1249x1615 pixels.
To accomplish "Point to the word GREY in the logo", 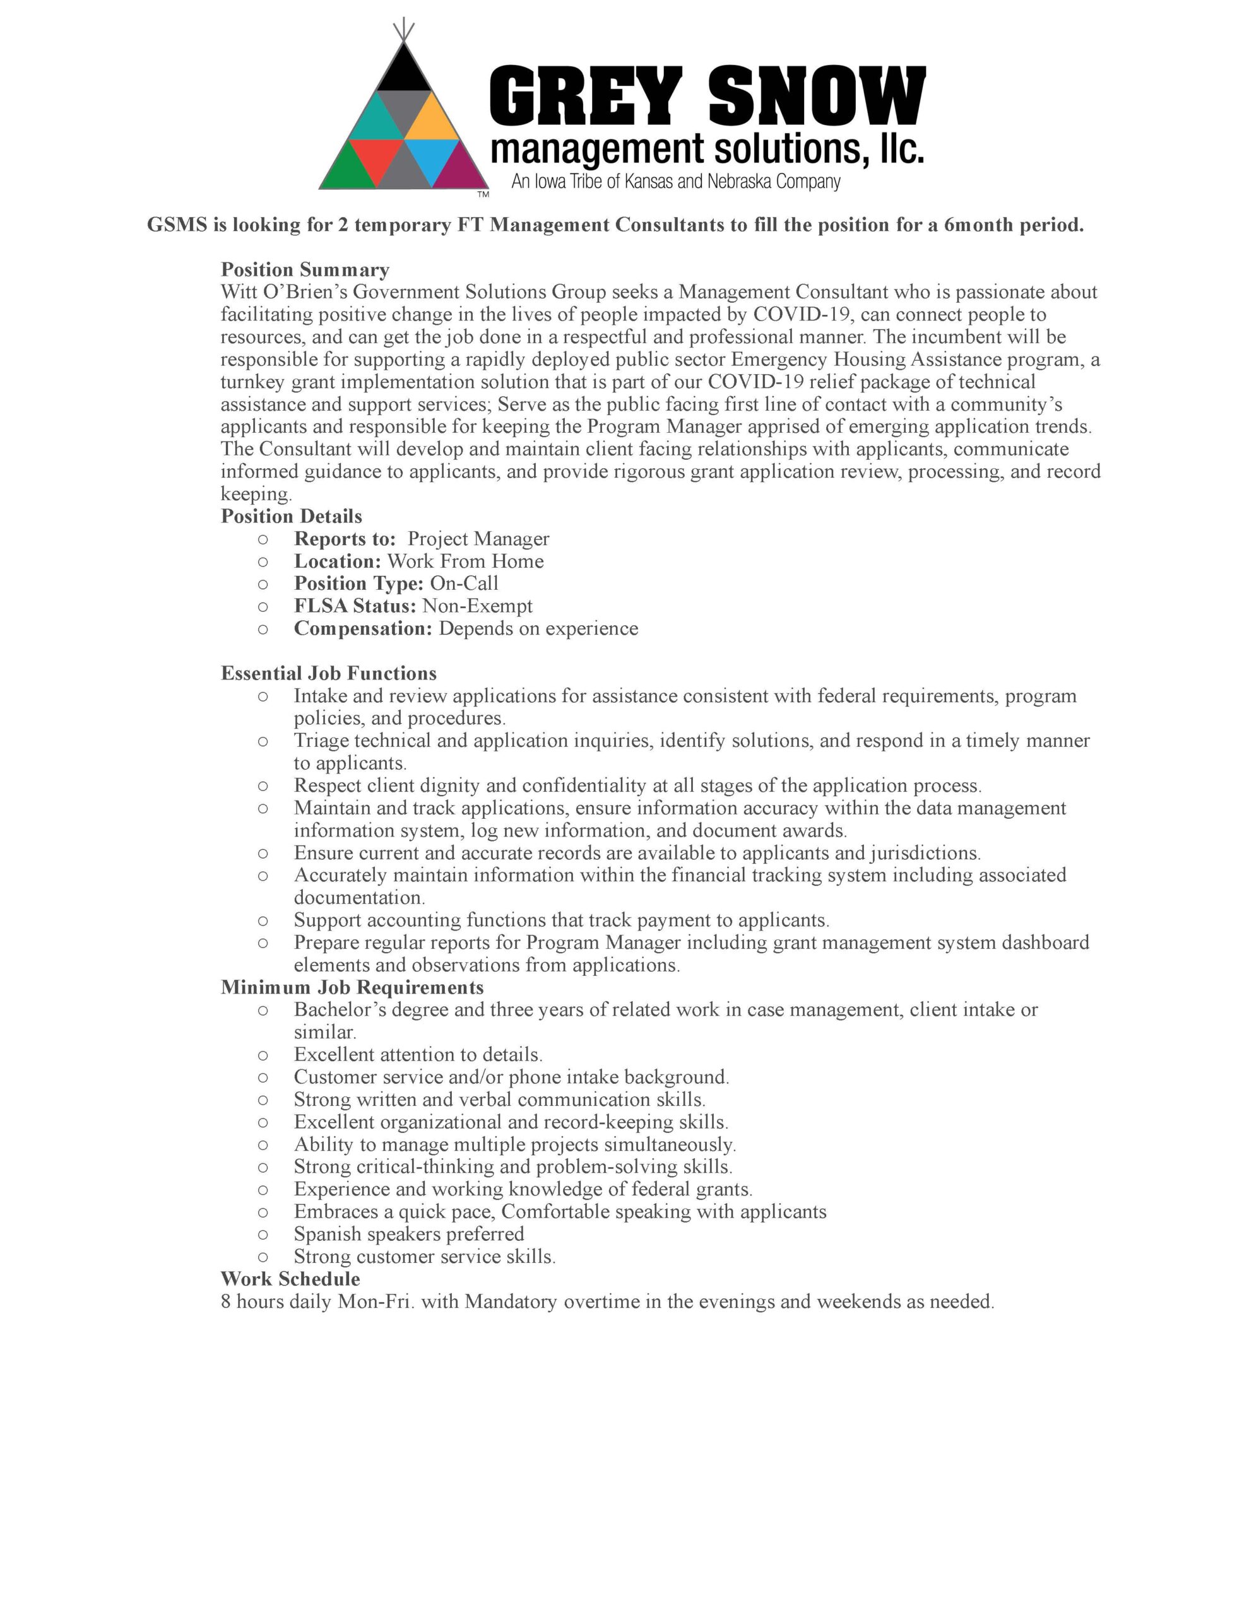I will [x=585, y=96].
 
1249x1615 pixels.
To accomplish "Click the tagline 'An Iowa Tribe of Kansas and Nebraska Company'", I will [x=675, y=182].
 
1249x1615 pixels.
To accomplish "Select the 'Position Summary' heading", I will [x=305, y=270].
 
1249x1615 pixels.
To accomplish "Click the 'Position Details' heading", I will [x=292, y=516].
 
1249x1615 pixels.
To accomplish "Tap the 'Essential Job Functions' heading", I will [x=329, y=673].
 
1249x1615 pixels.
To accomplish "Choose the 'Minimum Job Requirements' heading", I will [x=352, y=987].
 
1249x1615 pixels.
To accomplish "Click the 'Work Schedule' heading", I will [x=290, y=1279].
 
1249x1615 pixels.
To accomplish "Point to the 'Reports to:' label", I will [x=345, y=539].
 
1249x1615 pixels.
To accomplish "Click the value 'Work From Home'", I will [x=465, y=561].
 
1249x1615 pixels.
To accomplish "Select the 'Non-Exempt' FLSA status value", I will [x=477, y=606].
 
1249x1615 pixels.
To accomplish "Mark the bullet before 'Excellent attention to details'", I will [x=263, y=1055].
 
